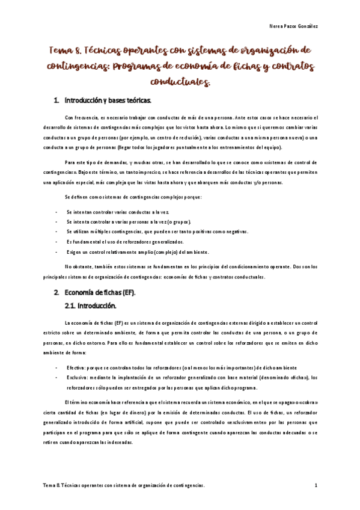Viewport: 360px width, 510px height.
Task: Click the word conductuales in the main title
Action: [x=180, y=80]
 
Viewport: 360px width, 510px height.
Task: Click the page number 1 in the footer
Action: [x=316, y=485]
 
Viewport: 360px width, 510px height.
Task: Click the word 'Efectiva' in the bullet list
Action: [x=76, y=367]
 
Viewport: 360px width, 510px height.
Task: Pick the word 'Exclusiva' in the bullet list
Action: [x=78, y=377]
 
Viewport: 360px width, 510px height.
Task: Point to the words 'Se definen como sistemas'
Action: [x=94, y=197]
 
